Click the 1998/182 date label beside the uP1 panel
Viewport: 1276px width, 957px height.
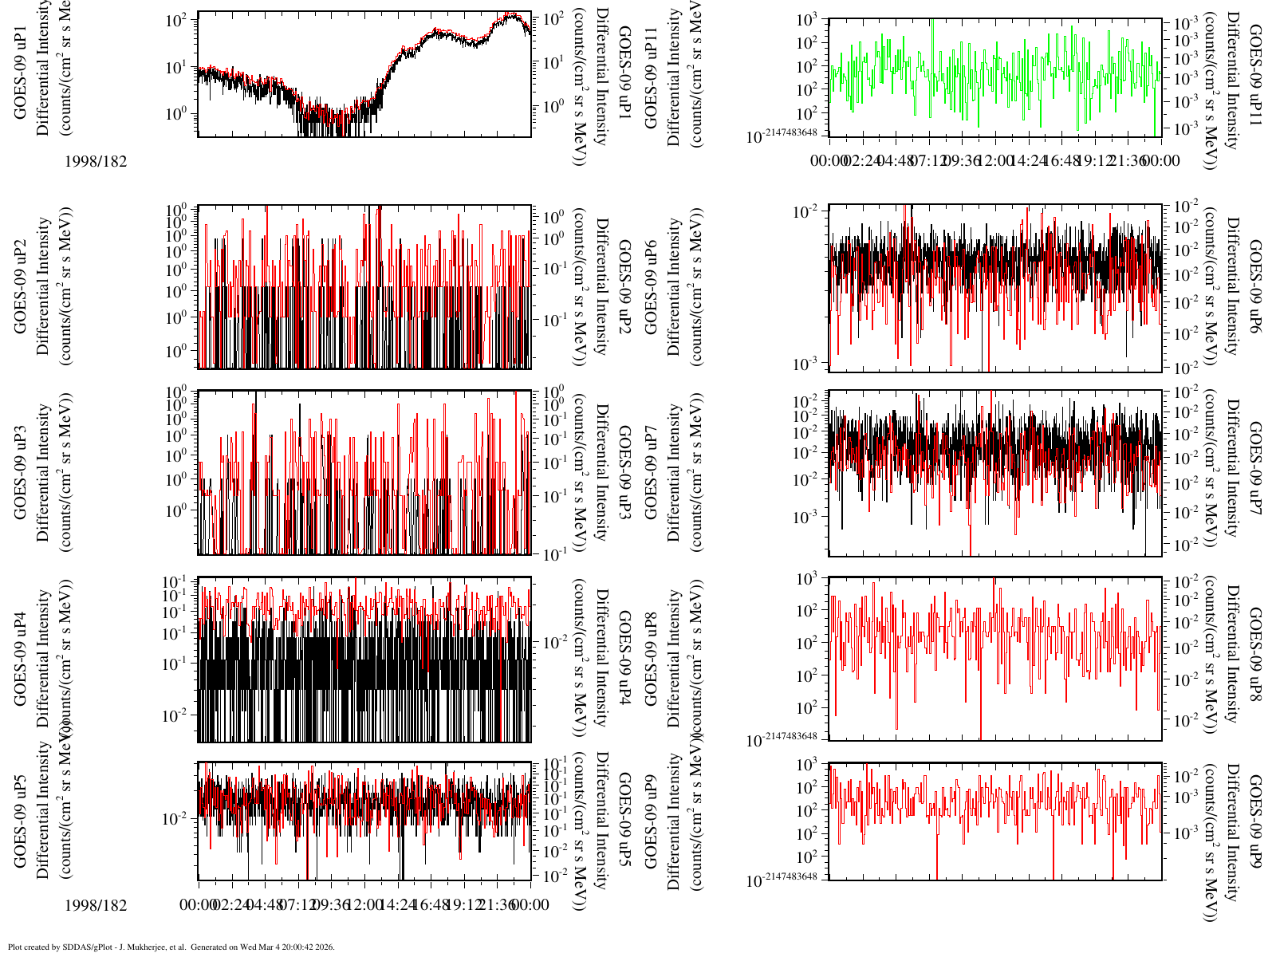point(96,161)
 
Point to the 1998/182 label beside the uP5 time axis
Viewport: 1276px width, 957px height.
point(96,905)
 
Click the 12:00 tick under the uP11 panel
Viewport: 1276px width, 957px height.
point(994,161)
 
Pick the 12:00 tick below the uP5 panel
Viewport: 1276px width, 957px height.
point(364,905)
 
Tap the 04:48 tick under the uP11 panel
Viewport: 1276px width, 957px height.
point(895,161)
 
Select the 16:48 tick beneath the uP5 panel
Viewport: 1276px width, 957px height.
point(431,905)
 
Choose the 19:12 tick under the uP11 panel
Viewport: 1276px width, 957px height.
point(1094,161)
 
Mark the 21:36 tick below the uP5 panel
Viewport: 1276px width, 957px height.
point(498,905)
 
